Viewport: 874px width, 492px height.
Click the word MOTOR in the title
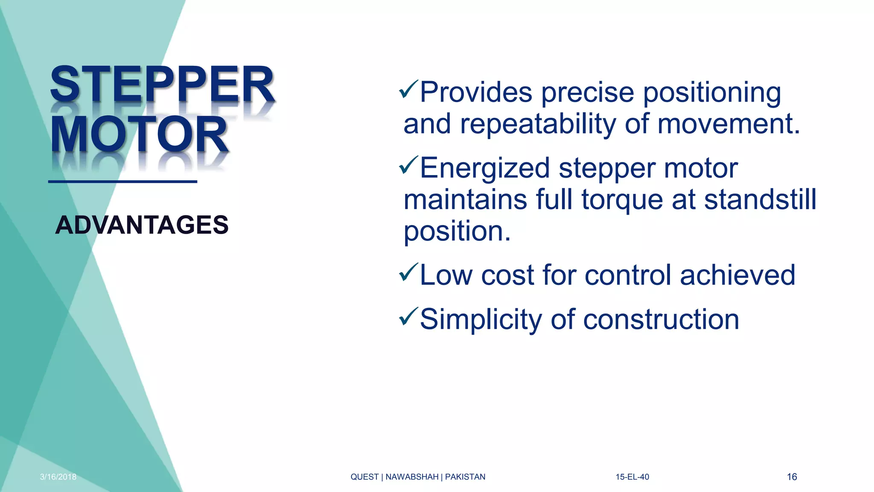[x=139, y=134]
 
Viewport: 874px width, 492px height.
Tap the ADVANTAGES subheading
[x=142, y=225]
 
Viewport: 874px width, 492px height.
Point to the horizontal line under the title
[x=122, y=182]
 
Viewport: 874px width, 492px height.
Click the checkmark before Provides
[x=408, y=89]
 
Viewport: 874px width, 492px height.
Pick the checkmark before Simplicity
[x=408, y=316]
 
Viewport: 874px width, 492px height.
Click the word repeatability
[x=538, y=125]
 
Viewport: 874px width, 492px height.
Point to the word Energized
[x=485, y=168]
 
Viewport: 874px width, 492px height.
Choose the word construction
[x=661, y=319]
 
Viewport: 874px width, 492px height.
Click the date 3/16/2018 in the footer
[x=58, y=477]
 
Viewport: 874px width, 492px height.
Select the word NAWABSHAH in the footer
[x=412, y=477]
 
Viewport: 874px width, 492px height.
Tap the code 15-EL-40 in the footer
[x=632, y=477]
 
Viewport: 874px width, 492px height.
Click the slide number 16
[x=792, y=477]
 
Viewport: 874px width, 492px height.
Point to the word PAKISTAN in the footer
[x=465, y=477]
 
